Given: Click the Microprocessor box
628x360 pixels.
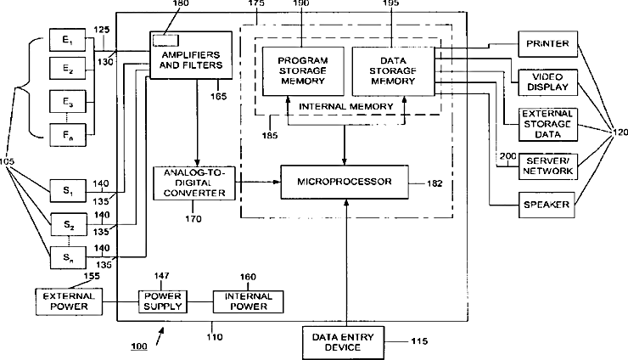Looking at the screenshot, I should point(344,183).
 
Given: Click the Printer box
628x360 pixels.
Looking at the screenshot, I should point(547,43).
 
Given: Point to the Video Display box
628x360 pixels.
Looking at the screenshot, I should point(547,83).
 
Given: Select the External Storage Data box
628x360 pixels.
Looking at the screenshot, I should point(547,124).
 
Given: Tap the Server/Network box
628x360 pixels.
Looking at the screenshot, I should point(547,166).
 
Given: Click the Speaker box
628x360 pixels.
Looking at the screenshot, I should point(547,204).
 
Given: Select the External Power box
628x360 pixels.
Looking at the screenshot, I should point(66,301).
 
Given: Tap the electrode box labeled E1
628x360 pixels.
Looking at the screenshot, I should point(61,40).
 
